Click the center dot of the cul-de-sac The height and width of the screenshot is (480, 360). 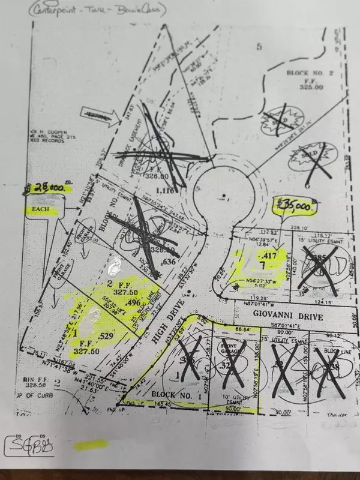click(223, 196)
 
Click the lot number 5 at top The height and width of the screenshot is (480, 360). click(259, 46)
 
